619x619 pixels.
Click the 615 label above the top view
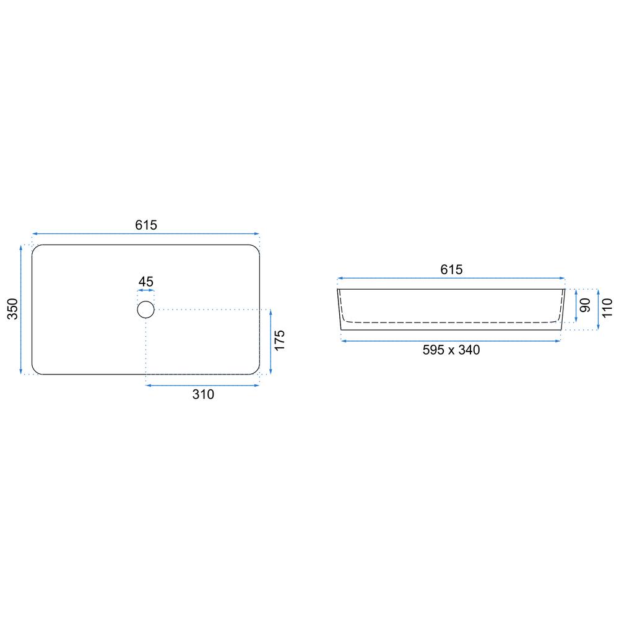pos(146,225)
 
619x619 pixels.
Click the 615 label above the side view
pos(451,270)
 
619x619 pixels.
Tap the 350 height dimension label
pos(12,309)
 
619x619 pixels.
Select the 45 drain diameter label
pos(145,282)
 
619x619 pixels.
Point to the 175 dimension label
pos(280,340)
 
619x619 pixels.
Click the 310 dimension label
pos(203,394)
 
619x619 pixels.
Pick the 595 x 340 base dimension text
pos(451,350)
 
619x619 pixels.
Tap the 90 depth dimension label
pos(585,305)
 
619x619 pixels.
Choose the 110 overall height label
pos(607,308)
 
